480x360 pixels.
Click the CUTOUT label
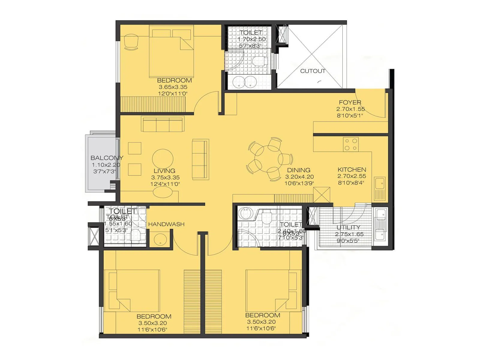(x=313, y=71)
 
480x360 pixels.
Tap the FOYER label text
(x=350, y=102)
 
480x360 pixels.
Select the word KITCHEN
(x=352, y=169)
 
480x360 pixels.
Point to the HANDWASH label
(x=166, y=224)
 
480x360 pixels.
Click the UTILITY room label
(x=348, y=227)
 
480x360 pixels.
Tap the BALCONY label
(x=107, y=158)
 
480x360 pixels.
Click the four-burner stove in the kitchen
(x=351, y=144)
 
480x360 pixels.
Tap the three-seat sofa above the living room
(x=163, y=124)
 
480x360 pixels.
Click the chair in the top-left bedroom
(x=131, y=42)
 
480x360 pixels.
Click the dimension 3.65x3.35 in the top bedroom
(x=173, y=87)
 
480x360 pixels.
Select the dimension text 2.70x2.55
(x=352, y=176)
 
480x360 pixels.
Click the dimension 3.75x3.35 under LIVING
(x=165, y=178)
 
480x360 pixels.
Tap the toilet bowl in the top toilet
(x=258, y=61)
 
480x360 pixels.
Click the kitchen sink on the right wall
(x=379, y=183)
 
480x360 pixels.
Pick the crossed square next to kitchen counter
(x=322, y=195)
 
